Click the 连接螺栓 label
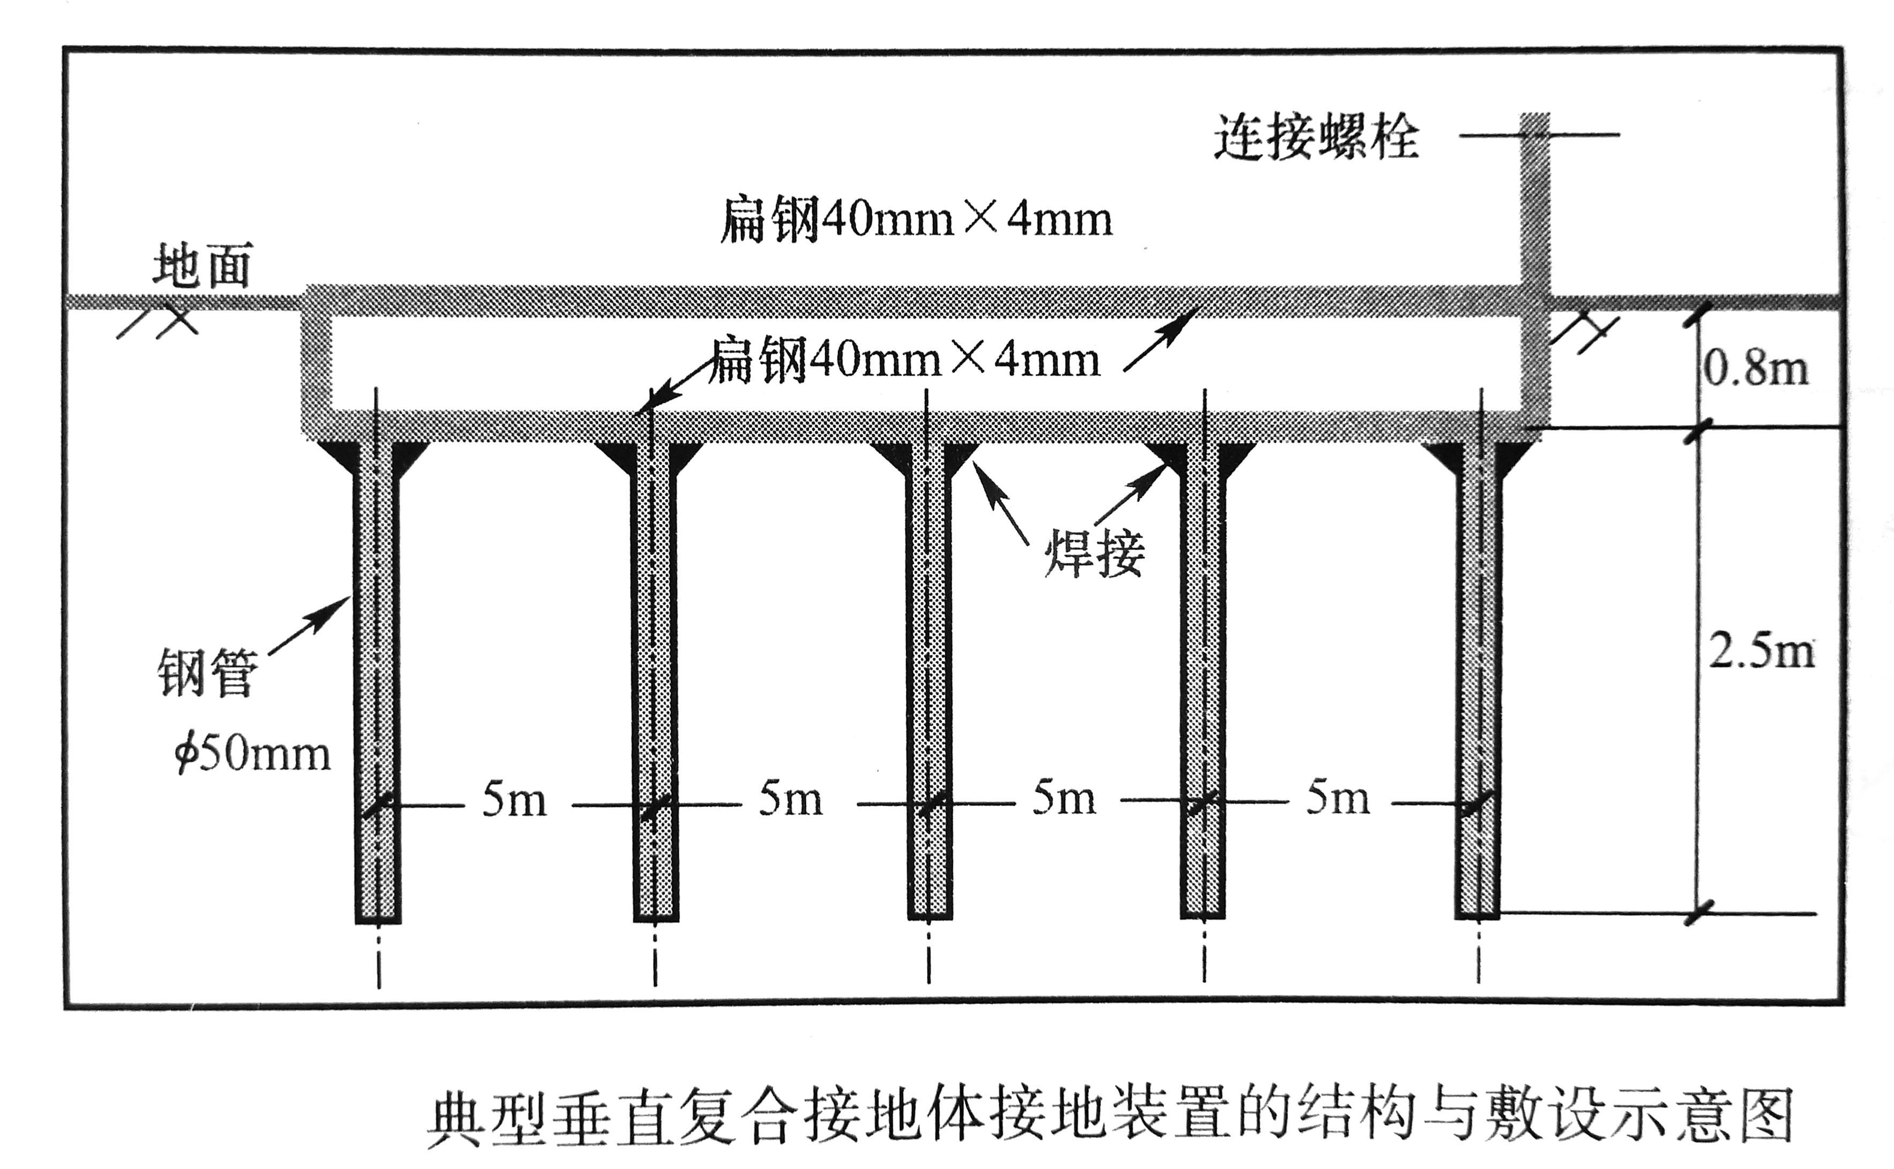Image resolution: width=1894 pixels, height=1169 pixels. (x=1316, y=138)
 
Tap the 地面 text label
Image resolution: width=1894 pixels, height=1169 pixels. (x=203, y=265)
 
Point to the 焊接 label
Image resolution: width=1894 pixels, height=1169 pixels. (x=1094, y=553)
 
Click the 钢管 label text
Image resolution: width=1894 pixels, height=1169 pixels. (x=207, y=673)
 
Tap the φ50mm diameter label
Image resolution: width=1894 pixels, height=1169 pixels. (x=252, y=753)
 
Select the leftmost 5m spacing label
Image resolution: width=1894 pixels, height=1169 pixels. (x=514, y=800)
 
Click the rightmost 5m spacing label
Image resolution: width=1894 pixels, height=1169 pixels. (x=1338, y=799)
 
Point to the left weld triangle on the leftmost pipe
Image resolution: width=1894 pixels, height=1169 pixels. (x=338, y=454)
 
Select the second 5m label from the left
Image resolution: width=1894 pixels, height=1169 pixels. (x=790, y=800)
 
